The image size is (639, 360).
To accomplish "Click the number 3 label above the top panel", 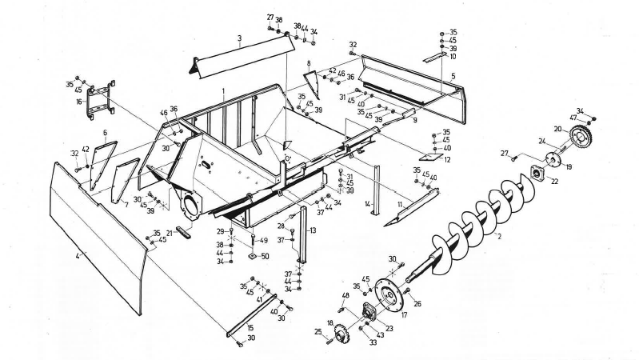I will click(239, 38).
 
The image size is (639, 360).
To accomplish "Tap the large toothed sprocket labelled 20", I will click(582, 137).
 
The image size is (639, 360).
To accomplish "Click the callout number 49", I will click(265, 240).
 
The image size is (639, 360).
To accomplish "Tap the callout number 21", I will click(169, 233).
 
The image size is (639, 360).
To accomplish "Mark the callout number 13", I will click(314, 230).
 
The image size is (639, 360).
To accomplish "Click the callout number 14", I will click(367, 205).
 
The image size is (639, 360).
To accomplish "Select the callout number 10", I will click(453, 56).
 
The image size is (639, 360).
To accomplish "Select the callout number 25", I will click(319, 331).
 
